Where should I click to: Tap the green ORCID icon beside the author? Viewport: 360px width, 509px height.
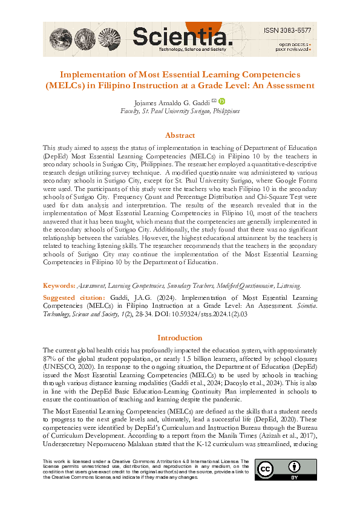221,102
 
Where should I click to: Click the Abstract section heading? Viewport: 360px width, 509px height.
180,135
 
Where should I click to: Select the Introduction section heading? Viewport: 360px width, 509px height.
180,337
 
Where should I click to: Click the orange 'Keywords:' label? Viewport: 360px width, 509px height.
59,285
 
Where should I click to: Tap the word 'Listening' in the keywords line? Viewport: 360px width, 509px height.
287,285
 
